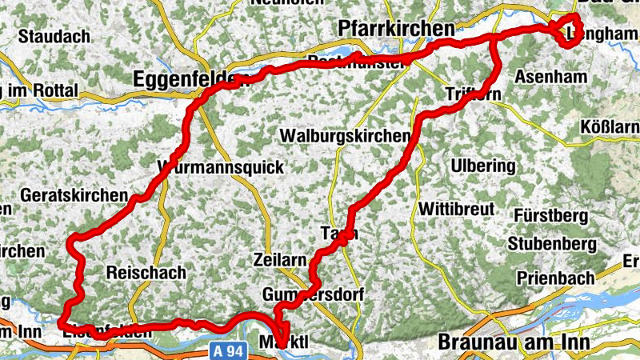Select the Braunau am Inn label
pos(514,342)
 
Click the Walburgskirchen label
pos(344,136)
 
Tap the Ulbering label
pos(483,166)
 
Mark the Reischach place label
pos(146,272)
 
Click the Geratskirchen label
pos(75,195)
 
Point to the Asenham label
pos(551,77)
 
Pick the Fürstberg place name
pos(551,216)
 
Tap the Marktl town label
pos(285,342)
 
